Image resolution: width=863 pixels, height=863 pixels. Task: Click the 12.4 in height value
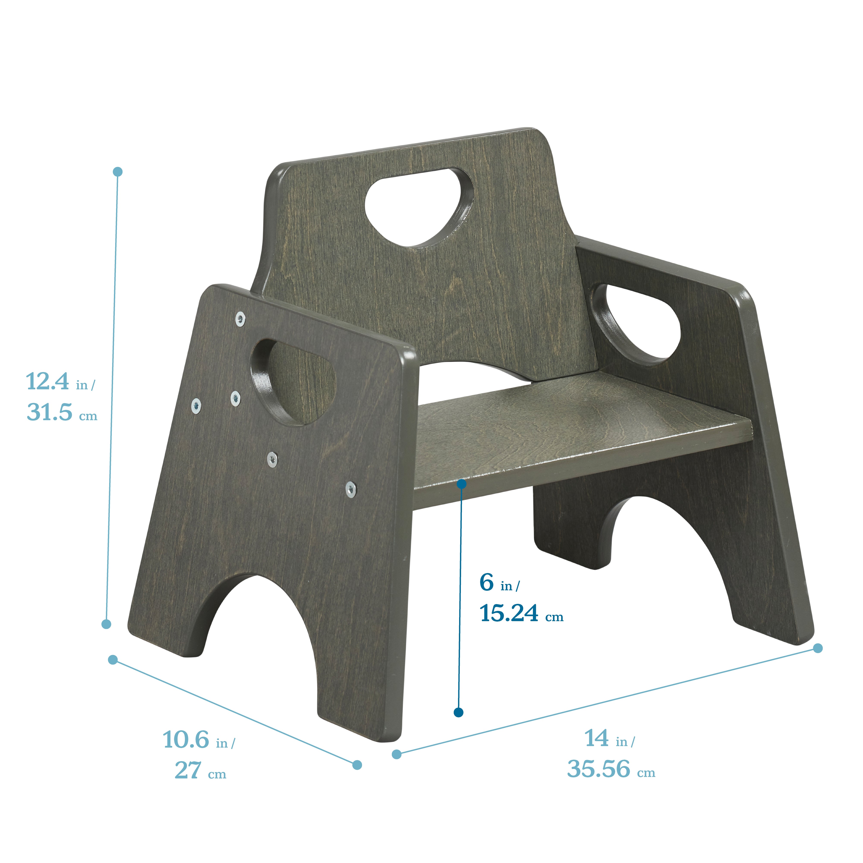coord(48,382)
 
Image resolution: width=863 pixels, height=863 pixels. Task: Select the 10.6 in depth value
coord(186,740)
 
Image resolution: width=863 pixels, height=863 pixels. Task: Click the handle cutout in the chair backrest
coord(419,206)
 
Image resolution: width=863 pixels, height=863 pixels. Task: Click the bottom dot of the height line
coord(106,624)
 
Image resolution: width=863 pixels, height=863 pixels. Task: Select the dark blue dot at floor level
coord(458,712)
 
